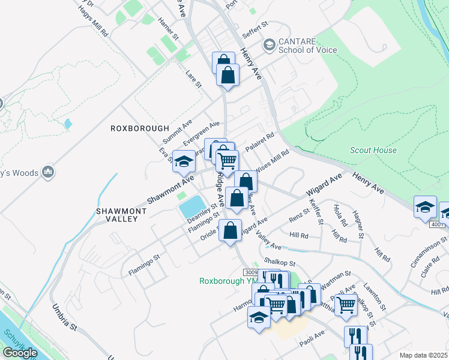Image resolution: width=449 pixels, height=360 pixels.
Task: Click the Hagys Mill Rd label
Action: (92, 23)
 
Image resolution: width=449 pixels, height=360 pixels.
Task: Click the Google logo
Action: (19, 353)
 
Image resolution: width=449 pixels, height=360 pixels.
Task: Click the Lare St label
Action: (193, 80)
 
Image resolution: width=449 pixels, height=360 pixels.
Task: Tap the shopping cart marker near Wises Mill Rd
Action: (228, 161)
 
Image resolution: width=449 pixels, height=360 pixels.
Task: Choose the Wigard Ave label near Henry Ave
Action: (324, 184)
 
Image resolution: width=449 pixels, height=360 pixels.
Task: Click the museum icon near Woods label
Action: (48, 173)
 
